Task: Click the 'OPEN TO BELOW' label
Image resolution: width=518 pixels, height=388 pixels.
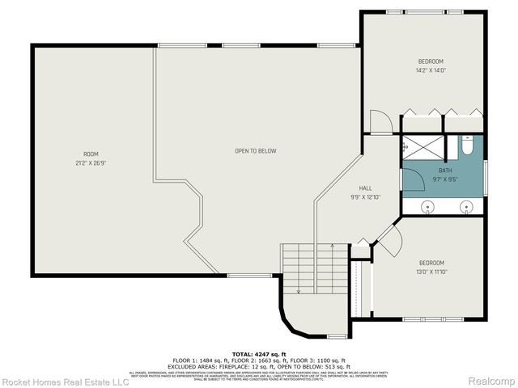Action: pos(256,151)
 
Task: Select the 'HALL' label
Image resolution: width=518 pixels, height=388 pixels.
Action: pos(365,187)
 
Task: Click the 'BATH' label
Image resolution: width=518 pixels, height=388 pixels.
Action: pos(445,171)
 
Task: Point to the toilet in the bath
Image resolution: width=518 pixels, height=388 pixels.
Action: pos(467,146)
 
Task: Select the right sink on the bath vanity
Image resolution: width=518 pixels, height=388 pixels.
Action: pos(466,208)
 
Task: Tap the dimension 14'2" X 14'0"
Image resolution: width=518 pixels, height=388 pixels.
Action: pos(430,70)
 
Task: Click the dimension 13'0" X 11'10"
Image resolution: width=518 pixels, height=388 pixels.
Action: pos(431,272)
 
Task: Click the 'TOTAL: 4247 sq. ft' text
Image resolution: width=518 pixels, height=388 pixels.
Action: pos(259,353)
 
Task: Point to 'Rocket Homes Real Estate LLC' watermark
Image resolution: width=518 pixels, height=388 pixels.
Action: pos(65,380)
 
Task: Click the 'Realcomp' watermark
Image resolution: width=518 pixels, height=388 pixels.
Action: pos(491,380)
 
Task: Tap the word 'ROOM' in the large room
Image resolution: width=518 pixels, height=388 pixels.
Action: pos(91,154)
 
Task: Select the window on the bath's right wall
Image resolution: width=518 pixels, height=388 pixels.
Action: pos(486,178)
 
